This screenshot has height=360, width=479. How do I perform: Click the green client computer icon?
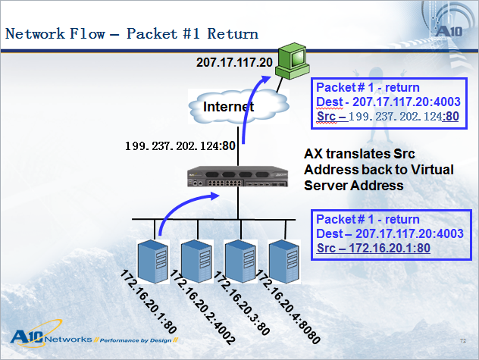coord(292,61)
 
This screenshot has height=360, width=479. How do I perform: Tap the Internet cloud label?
coord(228,107)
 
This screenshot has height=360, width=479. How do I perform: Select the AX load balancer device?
coord(238,177)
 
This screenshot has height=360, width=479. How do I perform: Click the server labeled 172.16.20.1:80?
coord(153,261)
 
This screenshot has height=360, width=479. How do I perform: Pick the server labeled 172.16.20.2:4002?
coord(197,261)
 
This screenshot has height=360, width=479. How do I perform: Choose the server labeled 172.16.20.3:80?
coord(240,261)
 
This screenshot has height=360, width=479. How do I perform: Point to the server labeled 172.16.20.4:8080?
coord(283,261)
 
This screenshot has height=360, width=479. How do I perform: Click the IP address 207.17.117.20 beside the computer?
coord(234,62)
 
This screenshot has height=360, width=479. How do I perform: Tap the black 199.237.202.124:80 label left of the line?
coord(180,146)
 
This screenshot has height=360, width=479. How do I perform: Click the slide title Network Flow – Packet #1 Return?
coord(132,33)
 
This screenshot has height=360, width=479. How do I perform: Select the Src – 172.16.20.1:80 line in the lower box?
coord(374,248)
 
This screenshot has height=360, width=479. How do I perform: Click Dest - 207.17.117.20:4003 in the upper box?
coord(388,102)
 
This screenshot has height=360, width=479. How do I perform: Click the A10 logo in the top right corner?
coord(449,31)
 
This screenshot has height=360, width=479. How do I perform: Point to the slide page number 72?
coord(463,340)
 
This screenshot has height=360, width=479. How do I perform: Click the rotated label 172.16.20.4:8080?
coord(288,306)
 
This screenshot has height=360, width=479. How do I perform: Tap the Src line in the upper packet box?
coord(387,117)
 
